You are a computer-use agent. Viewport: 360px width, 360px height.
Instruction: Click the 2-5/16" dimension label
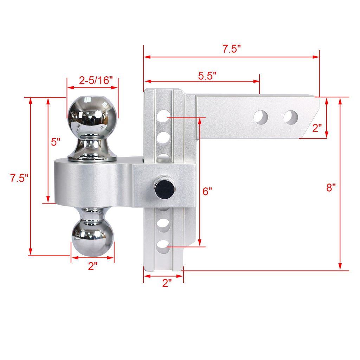coord(93,81)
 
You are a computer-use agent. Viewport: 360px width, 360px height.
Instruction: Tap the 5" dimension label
coord(56,142)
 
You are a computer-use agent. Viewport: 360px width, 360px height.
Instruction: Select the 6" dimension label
coord(207,191)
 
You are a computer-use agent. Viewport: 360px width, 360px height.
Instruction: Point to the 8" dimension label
coord(331,187)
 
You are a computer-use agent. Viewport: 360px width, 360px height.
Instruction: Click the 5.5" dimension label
coord(207,76)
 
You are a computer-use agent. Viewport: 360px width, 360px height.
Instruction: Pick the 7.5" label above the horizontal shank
coord(231,49)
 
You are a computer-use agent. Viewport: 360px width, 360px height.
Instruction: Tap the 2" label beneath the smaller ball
coord(92,266)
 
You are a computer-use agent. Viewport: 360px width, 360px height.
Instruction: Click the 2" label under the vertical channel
coord(167,283)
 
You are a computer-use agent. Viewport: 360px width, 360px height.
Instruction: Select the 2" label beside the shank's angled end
coord(317,128)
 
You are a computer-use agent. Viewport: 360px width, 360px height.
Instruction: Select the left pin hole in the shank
coord(261,117)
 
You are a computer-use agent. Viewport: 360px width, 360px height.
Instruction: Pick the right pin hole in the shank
coord(291,117)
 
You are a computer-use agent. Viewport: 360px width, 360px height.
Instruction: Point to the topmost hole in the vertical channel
coord(163,117)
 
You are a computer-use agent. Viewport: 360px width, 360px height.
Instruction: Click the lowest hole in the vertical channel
coord(163,247)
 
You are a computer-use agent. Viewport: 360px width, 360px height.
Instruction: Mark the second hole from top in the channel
coord(163,137)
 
